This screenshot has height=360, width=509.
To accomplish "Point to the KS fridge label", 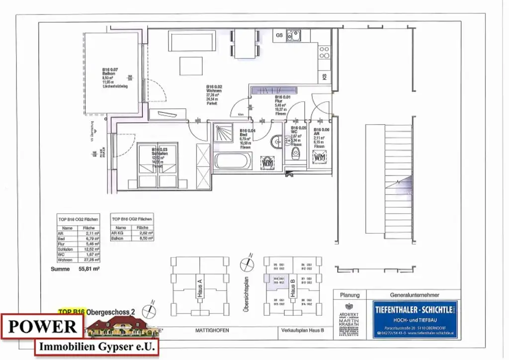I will click(x=324, y=77).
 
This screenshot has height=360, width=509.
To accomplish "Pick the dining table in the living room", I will click(x=245, y=43).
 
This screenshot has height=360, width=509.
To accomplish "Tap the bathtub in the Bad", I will click(x=233, y=162).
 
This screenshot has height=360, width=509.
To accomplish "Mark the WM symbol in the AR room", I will click(x=320, y=158).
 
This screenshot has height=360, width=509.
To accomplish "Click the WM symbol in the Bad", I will click(x=267, y=162).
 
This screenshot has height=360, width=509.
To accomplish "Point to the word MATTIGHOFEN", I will click(x=210, y=330).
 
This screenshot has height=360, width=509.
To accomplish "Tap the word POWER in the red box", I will click(x=42, y=326).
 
